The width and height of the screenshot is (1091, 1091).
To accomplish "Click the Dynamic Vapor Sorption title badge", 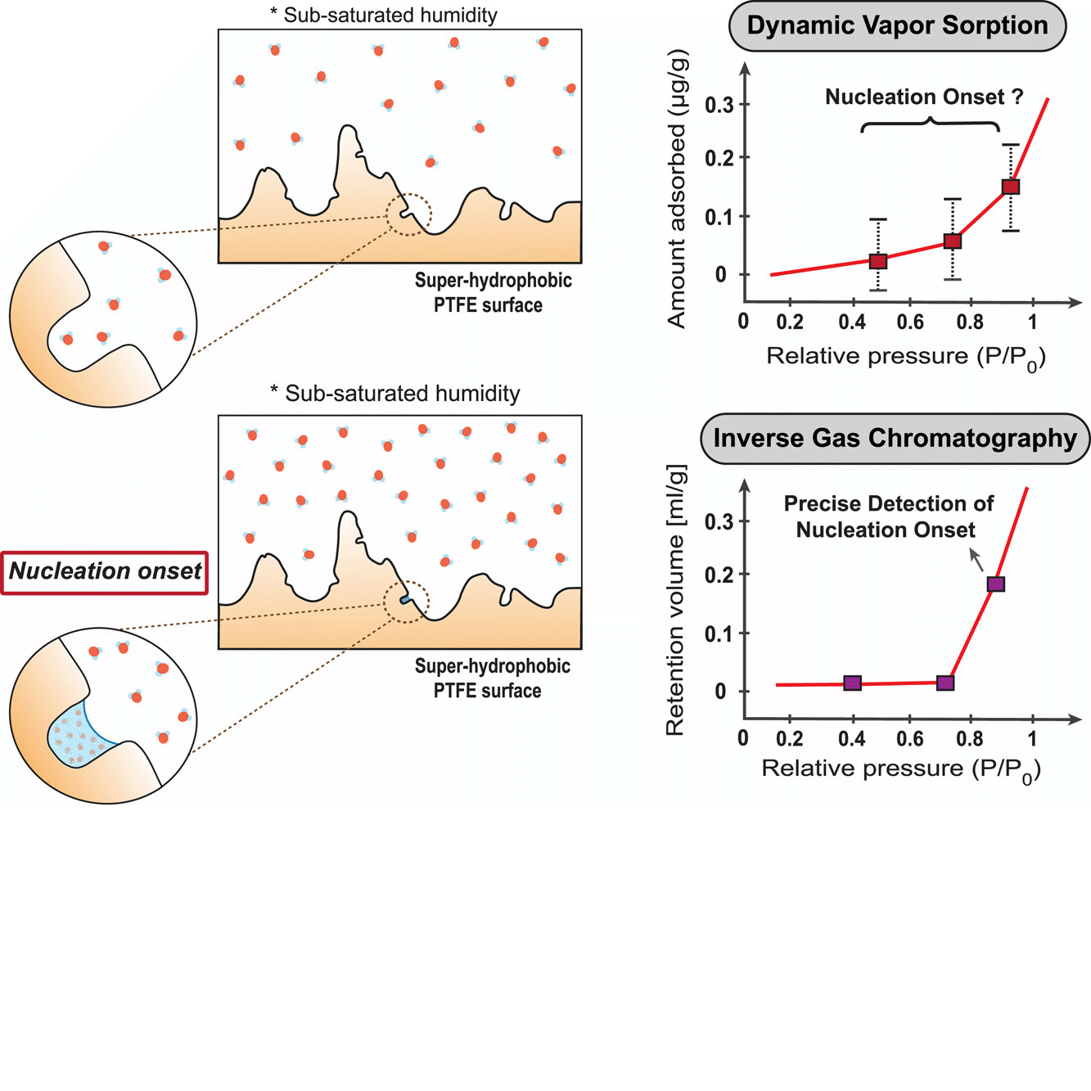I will [x=897, y=25].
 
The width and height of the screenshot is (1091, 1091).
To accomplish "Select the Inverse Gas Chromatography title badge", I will [x=895, y=439].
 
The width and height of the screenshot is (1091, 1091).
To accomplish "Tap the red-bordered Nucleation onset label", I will [x=105, y=571].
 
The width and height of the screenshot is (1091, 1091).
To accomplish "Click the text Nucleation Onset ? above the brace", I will [x=923, y=97].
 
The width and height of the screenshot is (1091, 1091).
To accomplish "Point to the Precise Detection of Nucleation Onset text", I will [x=888, y=516].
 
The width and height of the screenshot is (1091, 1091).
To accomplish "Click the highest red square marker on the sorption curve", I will [x=1011, y=187].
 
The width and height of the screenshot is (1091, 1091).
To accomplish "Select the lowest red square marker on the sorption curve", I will [x=877, y=261].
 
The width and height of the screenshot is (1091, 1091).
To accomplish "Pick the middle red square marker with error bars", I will [x=952, y=241].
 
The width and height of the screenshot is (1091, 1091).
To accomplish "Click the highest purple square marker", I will [x=995, y=584].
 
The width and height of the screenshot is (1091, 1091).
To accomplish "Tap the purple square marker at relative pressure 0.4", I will [x=852, y=683].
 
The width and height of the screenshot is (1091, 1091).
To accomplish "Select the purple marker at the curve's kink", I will [x=944, y=683].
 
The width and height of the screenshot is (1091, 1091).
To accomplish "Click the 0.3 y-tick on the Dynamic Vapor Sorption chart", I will [x=719, y=105].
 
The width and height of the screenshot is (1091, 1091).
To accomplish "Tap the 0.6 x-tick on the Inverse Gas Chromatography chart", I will [x=909, y=739].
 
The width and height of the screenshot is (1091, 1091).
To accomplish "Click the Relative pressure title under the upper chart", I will [x=905, y=358].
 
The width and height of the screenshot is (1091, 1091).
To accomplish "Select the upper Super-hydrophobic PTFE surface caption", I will [x=492, y=292].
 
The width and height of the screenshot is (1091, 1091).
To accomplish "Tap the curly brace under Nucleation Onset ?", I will [x=930, y=124].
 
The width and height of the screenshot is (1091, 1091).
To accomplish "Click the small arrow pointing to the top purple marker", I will [x=976, y=560].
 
